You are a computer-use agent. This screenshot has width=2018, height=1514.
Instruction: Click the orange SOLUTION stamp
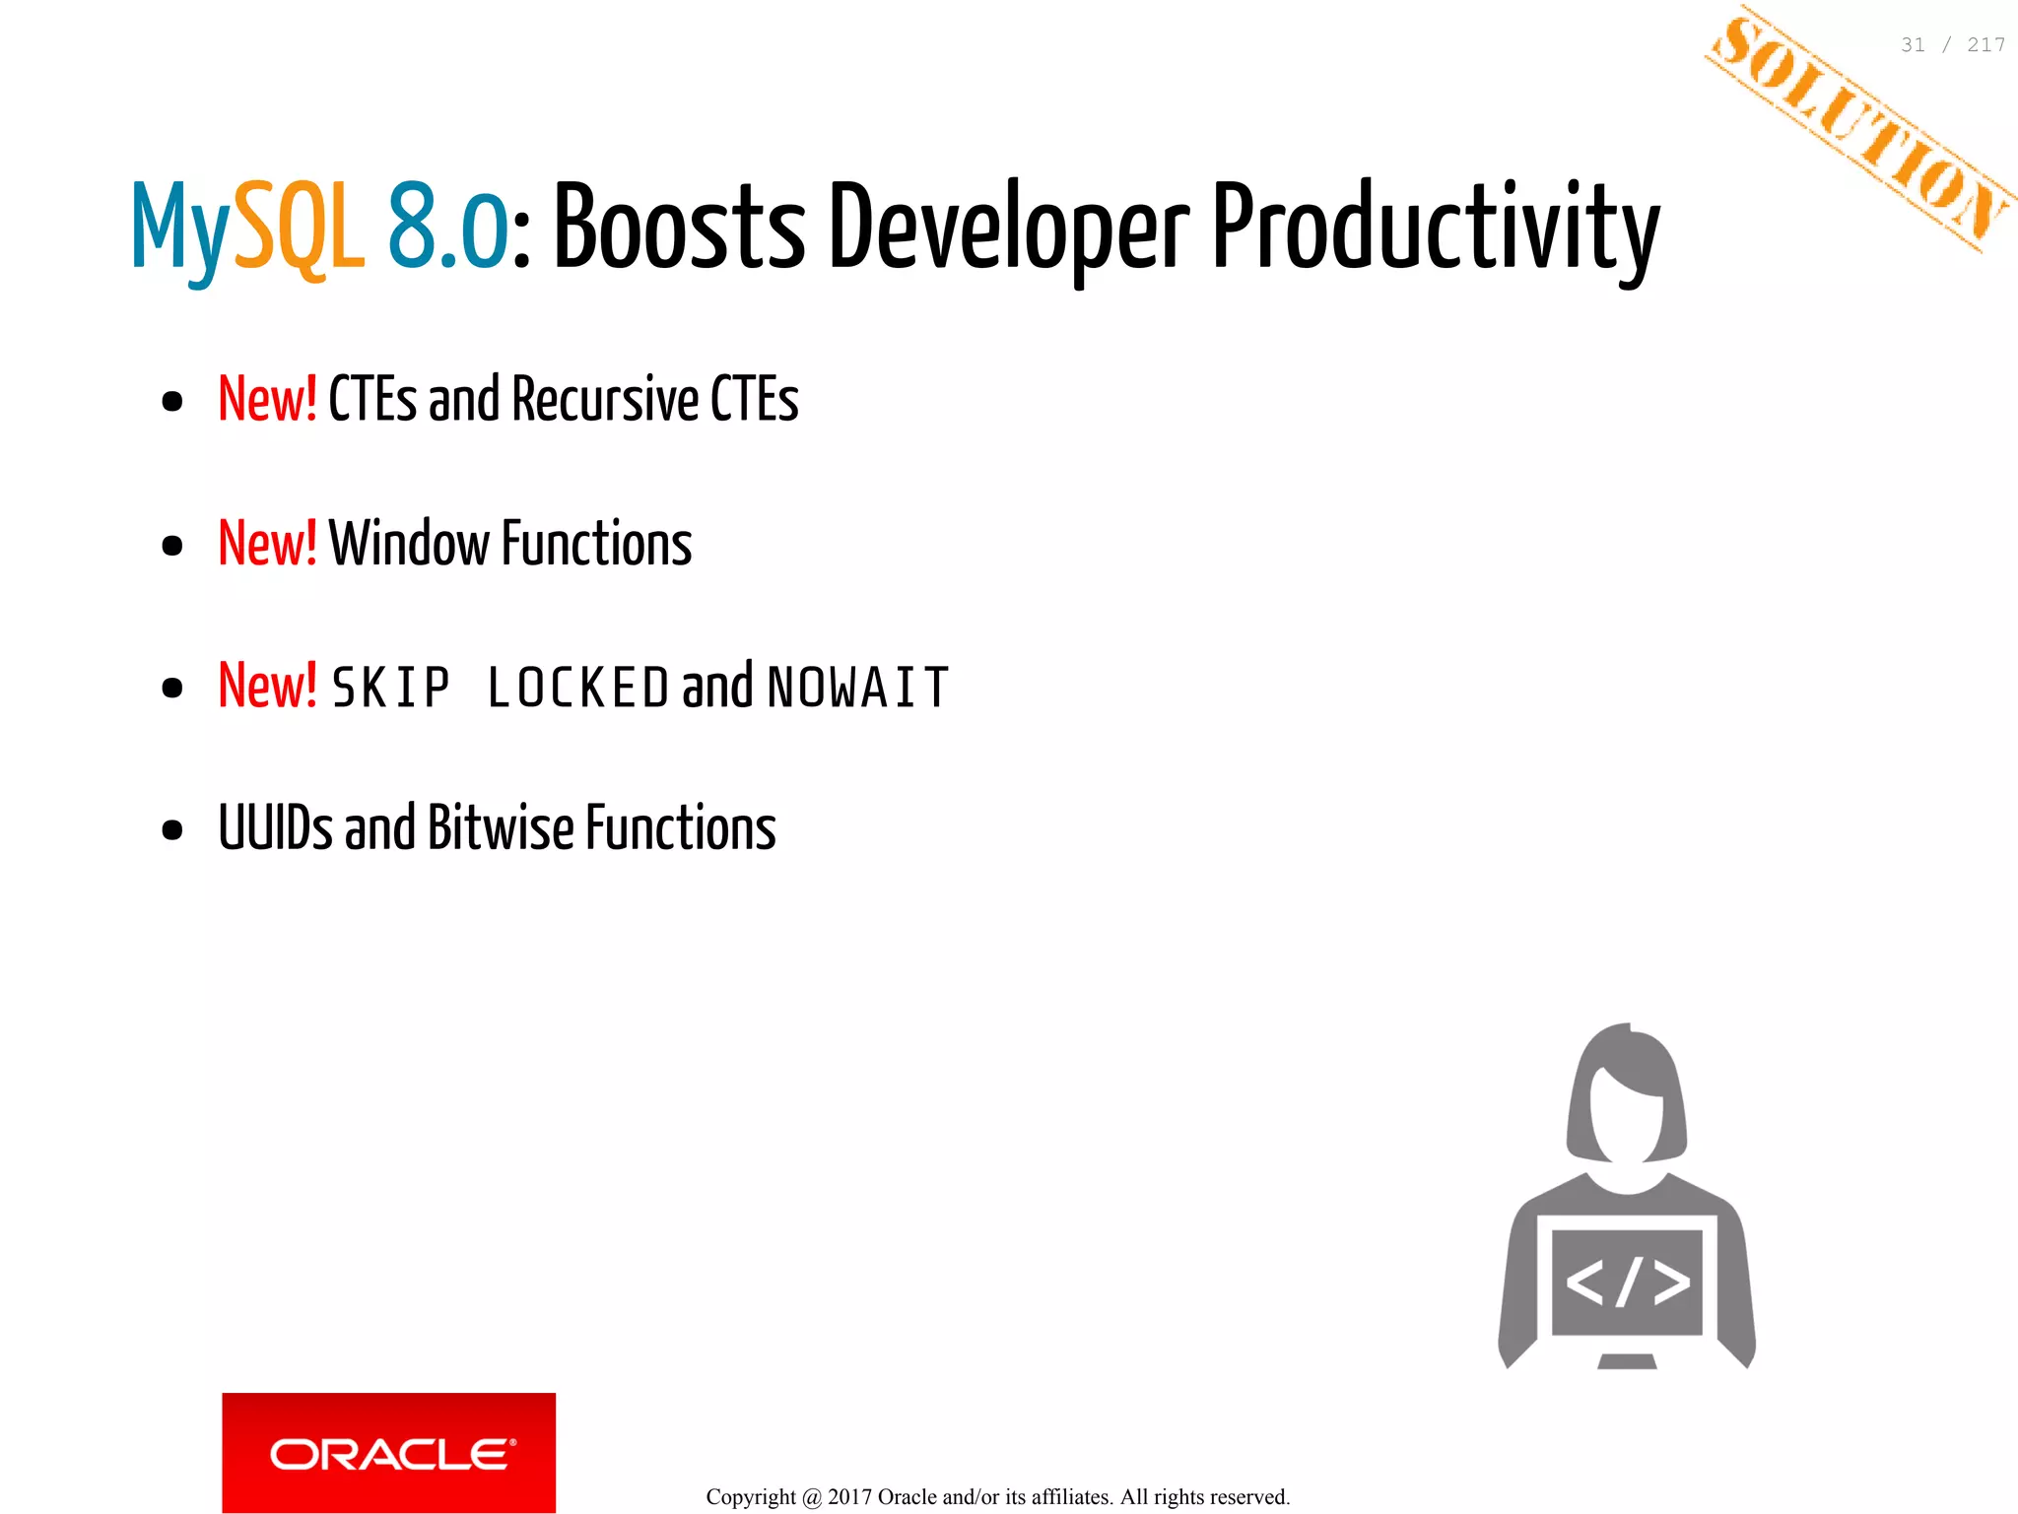click(x=1860, y=128)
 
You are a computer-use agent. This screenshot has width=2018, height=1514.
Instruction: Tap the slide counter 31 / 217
click(x=1952, y=45)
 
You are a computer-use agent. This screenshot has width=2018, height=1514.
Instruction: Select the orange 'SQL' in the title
click(x=300, y=229)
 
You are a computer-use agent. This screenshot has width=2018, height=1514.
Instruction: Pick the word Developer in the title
click(x=1008, y=229)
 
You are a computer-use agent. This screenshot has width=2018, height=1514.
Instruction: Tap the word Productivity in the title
click(x=1435, y=229)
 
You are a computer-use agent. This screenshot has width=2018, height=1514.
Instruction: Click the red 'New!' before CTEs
click(x=267, y=399)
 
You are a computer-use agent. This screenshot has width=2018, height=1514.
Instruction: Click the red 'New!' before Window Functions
click(x=267, y=543)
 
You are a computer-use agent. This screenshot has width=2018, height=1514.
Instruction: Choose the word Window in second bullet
click(x=408, y=543)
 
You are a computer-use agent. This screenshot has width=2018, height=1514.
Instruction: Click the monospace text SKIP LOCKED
click(x=500, y=688)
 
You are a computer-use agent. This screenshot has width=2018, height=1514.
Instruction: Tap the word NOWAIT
click(x=857, y=688)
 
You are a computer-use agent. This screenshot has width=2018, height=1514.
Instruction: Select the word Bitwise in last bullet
click(x=501, y=827)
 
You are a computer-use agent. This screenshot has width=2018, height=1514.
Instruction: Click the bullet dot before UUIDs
click(x=172, y=829)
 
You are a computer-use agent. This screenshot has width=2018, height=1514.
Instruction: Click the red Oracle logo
click(x=388, y=1452)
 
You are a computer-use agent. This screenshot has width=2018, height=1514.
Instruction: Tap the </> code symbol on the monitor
click(x=1627, y=1282)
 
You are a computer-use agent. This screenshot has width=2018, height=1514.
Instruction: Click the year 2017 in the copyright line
click(x=849, y=1497)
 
